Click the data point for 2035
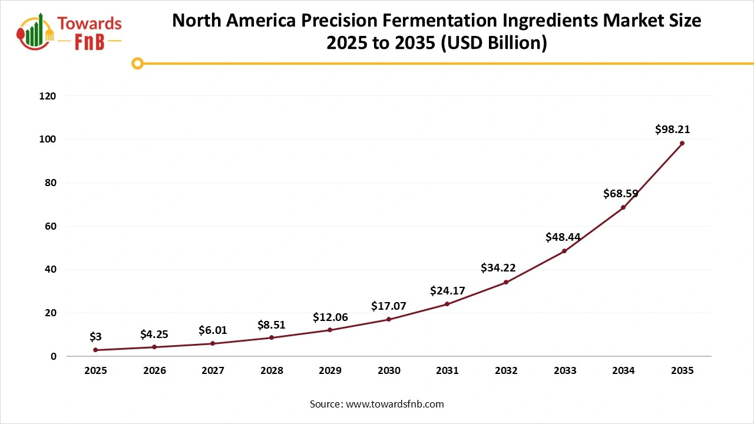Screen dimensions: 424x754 point(682,143)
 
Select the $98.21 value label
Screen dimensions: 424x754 point(672,130)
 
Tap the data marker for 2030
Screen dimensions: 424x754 point(389,319)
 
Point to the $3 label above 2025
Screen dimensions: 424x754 point(95,337)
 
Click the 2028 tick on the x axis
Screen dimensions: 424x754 point(272,370)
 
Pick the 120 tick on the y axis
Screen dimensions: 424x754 point(48,95)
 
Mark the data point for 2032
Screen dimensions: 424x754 point(506,282)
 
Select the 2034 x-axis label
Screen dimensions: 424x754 point(623,370)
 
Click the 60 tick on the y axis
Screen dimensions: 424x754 point(51,226)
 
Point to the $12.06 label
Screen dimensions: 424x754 point(330,317)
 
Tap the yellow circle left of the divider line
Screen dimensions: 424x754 point(137,63)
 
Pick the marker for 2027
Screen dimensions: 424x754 point(213,343)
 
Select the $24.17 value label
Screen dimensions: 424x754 point(448,290)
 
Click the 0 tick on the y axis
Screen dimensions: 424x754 point(53,356)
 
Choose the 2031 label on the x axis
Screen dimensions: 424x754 point(447,370)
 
